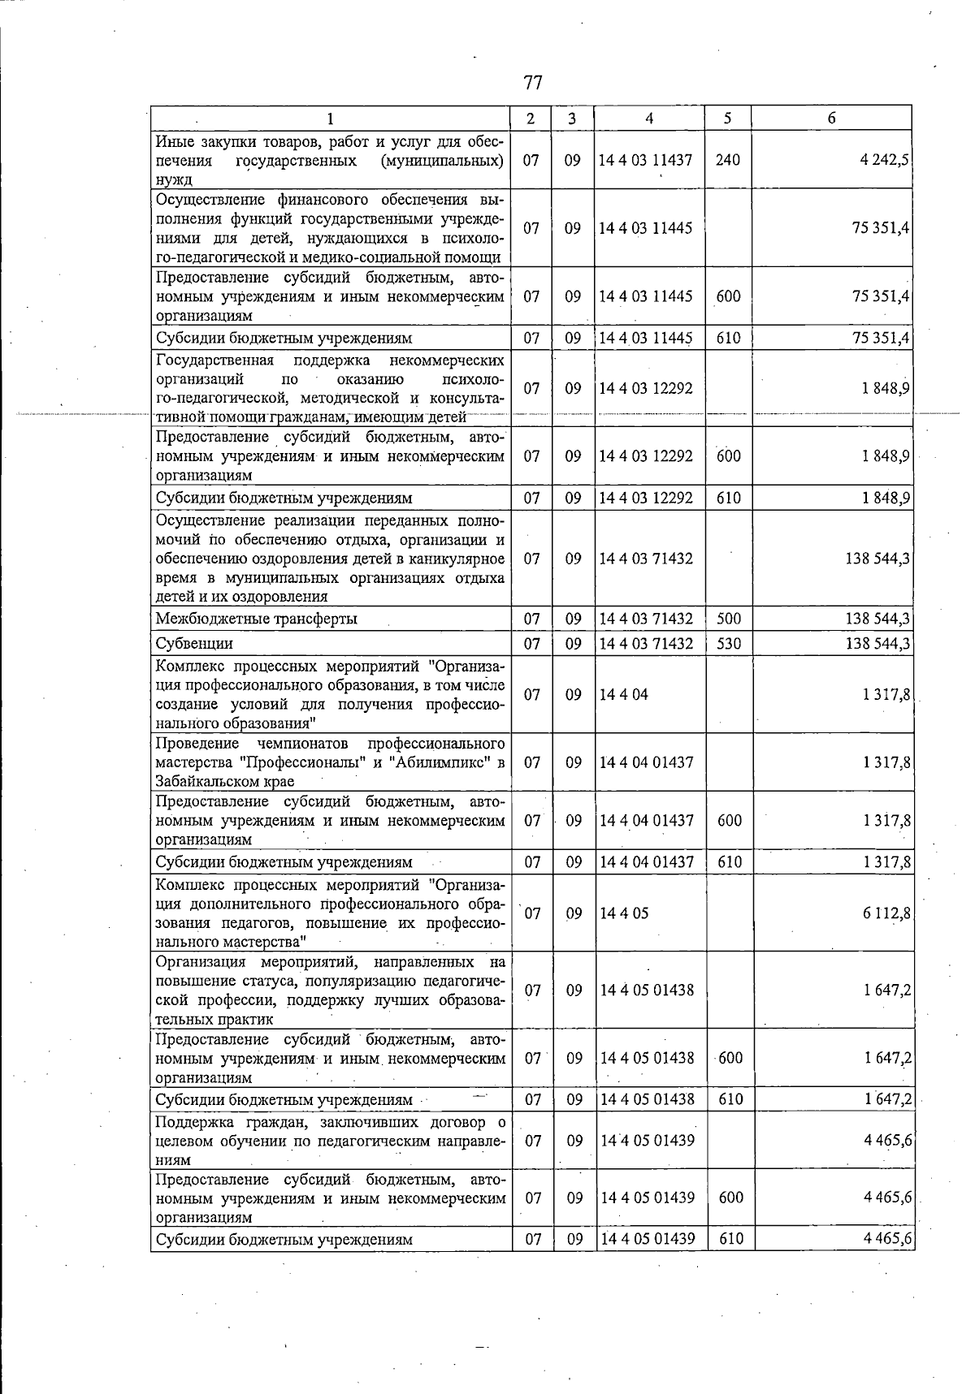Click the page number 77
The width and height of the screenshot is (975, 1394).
(x=533, y=83)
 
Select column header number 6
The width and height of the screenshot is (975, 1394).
(x=832, y=119)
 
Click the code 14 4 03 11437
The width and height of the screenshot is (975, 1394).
(x=646, y=160)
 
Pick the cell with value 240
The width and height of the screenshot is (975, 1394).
(x=728, y=160)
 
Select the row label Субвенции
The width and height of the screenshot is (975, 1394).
(x=194, y=644)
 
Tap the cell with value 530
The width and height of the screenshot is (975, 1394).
(x=729, y=644)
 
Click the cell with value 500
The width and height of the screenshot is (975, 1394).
(x=729, y=619)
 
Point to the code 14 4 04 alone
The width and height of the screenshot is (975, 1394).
(x=624, y=695)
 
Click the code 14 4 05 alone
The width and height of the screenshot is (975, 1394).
(x=624, y=913)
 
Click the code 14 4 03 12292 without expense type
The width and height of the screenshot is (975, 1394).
(x=646, y=388)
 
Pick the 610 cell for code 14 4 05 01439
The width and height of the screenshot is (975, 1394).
(x=731, y=1240)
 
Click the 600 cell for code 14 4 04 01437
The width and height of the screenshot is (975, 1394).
(x=730, y=821)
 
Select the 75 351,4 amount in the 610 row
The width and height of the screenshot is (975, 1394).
(x=880, y=338)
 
